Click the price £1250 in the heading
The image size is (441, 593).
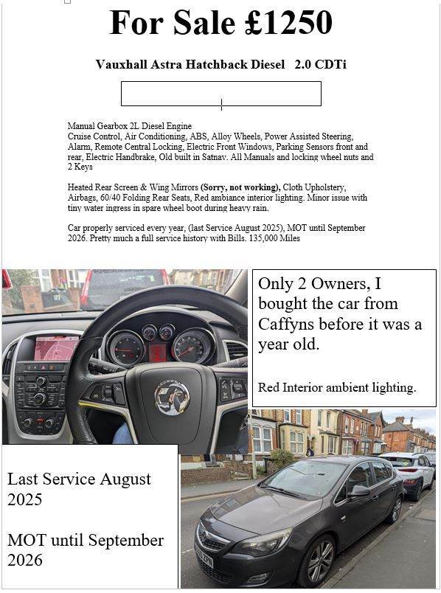pos(288,23)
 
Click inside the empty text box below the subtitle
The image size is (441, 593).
pos(220,94)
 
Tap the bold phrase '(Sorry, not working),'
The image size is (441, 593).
pos(240,187)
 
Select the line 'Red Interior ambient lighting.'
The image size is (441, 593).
pos(337,387)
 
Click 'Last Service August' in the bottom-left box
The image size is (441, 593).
pos(79,479)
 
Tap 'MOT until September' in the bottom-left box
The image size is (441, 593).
pos(86,540)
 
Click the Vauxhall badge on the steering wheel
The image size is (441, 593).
pos(171,398)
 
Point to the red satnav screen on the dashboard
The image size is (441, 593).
pos(56,347)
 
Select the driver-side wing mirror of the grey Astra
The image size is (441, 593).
pos(359,490)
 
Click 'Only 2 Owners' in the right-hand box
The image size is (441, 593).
pos(310,283)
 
